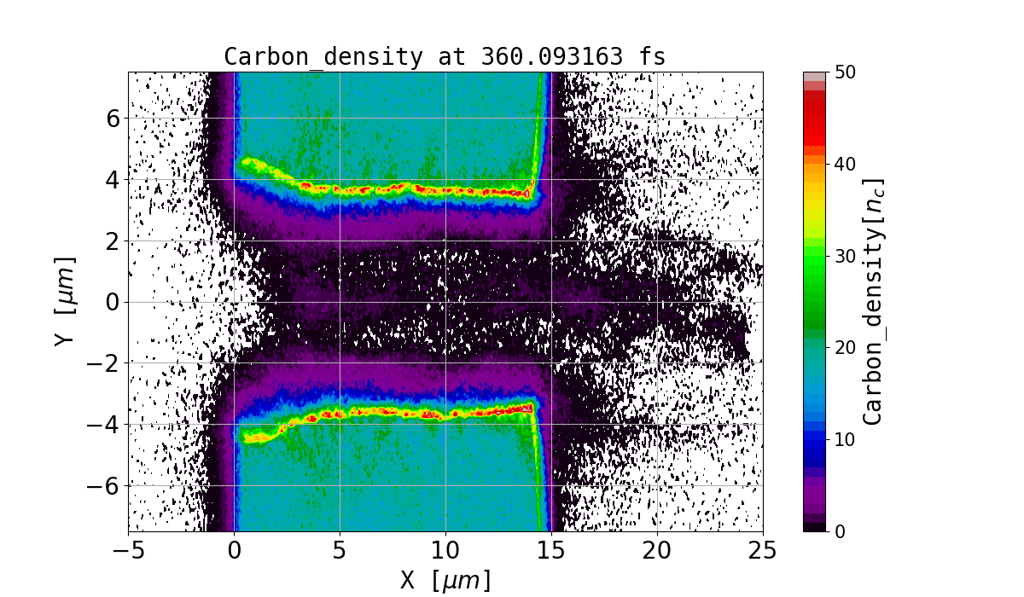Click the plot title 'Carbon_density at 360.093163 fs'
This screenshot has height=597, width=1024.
445,57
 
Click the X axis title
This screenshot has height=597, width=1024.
445,580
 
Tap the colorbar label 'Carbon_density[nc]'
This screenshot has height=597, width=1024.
872,302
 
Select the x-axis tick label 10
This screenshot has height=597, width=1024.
445,552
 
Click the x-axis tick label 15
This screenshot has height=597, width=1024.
551,552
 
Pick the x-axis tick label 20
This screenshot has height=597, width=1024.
657,552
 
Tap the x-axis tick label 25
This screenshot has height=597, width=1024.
763,552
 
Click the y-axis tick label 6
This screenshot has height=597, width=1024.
113,118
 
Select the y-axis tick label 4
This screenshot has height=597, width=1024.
113,179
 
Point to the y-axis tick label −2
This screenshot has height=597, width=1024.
106,363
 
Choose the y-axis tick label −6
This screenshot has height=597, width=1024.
106,486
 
